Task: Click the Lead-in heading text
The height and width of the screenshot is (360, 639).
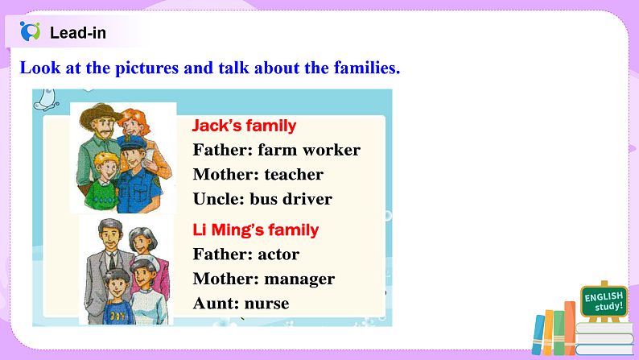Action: [x=77, y=33]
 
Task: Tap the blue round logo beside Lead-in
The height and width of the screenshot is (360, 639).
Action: [x=31, y=32]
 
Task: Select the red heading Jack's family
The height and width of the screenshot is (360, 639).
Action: [x=244, y=126]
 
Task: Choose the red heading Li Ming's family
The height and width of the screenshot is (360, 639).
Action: [x=256, y=230]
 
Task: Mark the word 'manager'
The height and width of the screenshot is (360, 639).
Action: [x=299, y=279]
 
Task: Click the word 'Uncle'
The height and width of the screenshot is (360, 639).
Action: [x=217, y=198]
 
